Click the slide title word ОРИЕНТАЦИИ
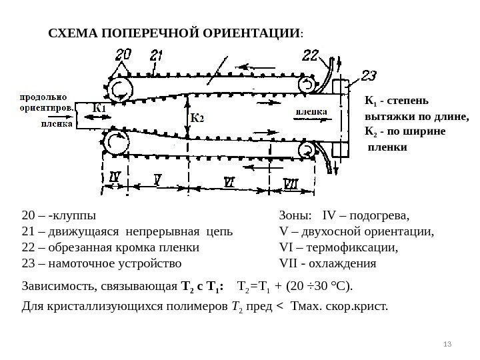click(x=256, y=32)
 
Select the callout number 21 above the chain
click(x=158, y=57)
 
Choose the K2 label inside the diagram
click(x=197, y=117)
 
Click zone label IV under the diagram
click(x=115, y=178)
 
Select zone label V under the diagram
click(x=157, y=179)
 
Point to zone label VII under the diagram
click(x=291, y=182)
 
